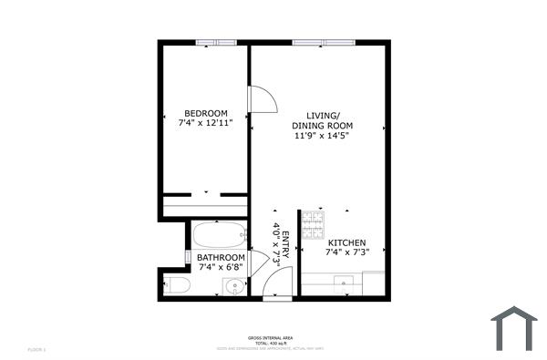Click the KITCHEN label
346,243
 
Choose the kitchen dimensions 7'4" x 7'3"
346,254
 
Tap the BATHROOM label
222,258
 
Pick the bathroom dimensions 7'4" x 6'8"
222,268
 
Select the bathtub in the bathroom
220,235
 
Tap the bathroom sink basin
235,287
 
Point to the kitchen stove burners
313,221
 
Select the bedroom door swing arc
263,98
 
